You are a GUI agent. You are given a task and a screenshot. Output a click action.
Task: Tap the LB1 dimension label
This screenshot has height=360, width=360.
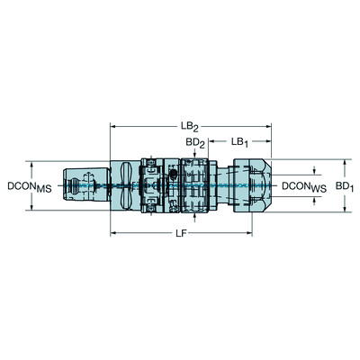point(240,142)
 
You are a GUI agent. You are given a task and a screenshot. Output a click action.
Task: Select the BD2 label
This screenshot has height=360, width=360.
point(194,142)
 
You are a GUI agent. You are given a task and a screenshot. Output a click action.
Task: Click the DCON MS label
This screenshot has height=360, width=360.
point(26,186)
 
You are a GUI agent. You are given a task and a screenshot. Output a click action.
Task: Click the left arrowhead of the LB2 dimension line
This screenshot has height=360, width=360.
point(114,128)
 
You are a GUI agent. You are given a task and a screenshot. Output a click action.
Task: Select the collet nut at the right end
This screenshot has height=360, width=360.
point(253,186)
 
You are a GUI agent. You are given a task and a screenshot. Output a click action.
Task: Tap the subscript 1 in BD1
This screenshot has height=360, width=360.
point(353,189)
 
